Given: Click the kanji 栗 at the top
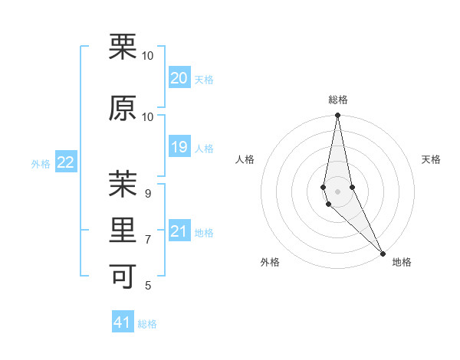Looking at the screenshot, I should (x=123, y=47).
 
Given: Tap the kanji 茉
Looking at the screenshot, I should (x=123, y=184).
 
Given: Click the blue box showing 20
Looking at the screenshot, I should (x=179, y=78).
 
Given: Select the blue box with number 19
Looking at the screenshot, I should (x=179, y=147).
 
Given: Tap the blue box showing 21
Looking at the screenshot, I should (x=179, y=231).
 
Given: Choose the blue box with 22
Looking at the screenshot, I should (x=66, y=162).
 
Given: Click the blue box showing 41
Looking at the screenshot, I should (x=123, y=322).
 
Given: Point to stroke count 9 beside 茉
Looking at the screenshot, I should (x=148, y=194).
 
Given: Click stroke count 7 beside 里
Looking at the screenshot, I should (x=148, y=240).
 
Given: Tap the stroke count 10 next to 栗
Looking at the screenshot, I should (x=148, y=56).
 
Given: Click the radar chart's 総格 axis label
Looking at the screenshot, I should (x=338, y=100).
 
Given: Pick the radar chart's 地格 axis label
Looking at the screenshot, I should (x=402, y=262).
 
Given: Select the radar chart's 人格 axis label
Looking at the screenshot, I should (x=245, y=159).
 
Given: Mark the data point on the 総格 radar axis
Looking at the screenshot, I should (x=337, y=116).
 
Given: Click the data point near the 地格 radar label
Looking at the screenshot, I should (x=383, y=253).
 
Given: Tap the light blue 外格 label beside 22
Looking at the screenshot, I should (x=41, y=163).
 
